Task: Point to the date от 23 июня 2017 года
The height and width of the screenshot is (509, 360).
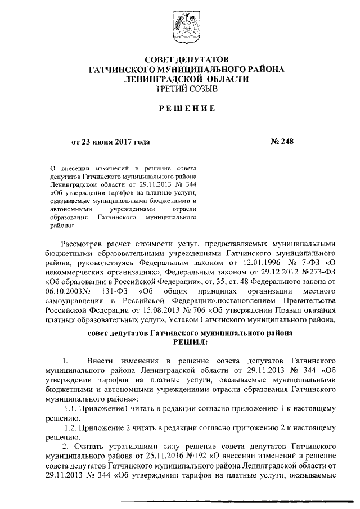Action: click(110, 142)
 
